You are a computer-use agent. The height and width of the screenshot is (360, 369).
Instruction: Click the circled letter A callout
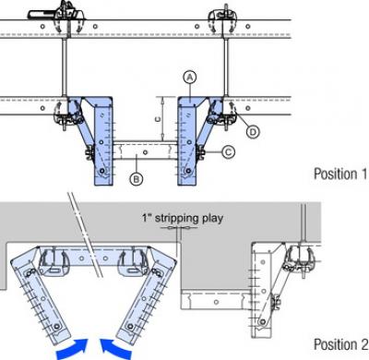coord(188,79)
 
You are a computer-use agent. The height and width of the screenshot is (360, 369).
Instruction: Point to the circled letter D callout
coord(254,133)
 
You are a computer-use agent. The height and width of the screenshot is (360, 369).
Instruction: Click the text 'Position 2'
coord(339,344)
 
